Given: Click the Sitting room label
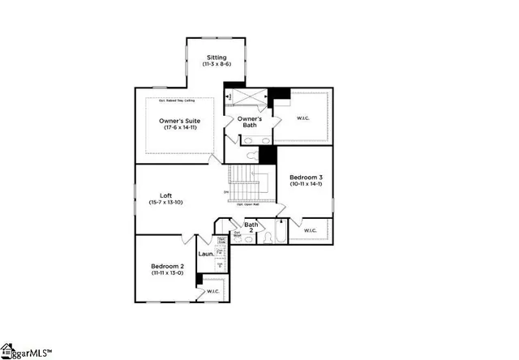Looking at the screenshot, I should pos(217,58).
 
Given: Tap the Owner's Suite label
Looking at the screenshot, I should pos(180,121).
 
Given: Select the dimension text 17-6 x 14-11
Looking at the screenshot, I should pos(180,128).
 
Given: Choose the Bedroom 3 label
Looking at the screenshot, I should pos(305,177).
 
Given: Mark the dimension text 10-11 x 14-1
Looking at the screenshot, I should pos(305,184).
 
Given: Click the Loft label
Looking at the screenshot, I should pos(165,195).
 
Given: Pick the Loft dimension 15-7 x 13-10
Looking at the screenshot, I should pos(165,202).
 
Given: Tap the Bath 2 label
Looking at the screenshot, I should pos(251,228).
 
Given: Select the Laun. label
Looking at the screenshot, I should pos(206,255).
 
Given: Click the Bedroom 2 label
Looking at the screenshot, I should pos(168,266).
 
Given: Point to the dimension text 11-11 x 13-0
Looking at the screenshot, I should pos(168,273).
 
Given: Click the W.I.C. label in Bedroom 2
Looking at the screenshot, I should pos(213,291).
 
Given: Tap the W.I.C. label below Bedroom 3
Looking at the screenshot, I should pos(311,231).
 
